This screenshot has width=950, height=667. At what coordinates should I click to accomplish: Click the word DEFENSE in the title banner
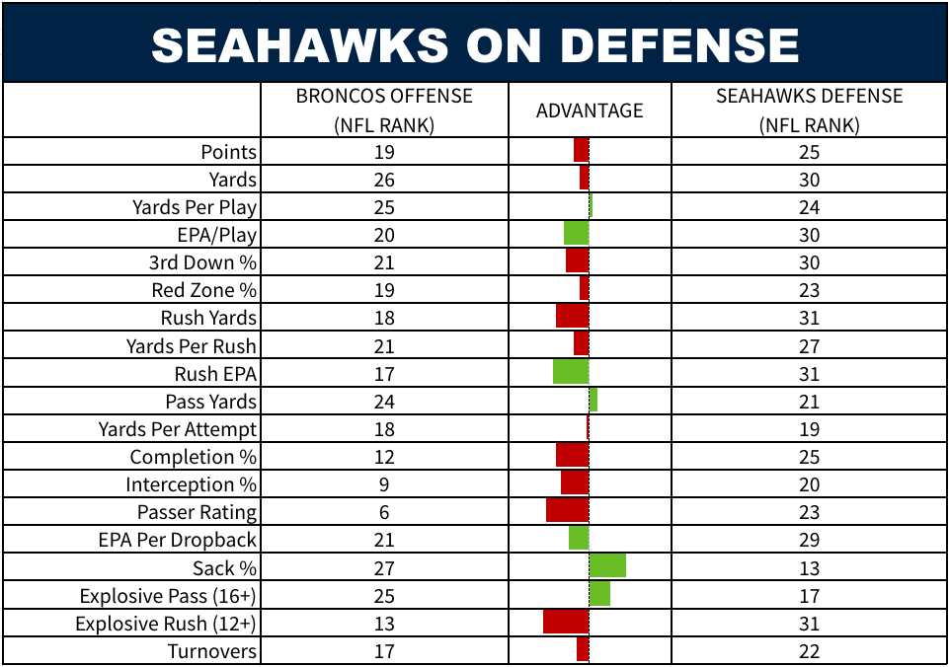(x=679, y=45)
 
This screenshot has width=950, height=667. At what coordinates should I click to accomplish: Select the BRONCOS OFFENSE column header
(x=384, y=111)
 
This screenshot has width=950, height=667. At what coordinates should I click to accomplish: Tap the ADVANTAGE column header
(x=590, y=111)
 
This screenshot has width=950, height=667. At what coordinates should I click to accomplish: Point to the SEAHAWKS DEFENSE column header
(x=810, y=111)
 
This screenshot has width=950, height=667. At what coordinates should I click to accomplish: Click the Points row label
(x=228, y=151)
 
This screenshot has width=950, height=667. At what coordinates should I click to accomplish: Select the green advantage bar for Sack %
(x=607, y=565)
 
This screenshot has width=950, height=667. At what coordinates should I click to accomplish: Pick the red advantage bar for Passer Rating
(x=567, y=510)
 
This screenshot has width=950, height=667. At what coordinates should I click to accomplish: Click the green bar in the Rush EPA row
(x=571, y=371)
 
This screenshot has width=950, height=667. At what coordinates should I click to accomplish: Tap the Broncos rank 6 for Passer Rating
(x=384, y=512)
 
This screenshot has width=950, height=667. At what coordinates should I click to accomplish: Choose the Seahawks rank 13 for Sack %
(x=810, y=567)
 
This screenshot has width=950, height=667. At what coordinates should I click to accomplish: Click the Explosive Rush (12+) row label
(x=165, y=624)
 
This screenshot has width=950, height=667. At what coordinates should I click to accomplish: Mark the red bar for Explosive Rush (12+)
(x=566, y=621)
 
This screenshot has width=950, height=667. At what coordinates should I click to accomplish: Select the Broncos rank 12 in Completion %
(x=384, y=457)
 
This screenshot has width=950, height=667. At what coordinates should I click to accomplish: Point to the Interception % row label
(x=191, y=484)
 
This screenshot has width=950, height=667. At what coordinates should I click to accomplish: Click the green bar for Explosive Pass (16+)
(x=599, y=593)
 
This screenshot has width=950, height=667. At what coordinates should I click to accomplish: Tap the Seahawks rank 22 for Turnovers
(x=810, y=651)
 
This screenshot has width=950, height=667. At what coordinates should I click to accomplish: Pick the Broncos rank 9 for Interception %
(x=384, y=484)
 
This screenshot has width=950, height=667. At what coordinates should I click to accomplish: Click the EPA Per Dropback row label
(x=178, y=540)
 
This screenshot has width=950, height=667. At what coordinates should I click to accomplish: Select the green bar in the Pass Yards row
(x=594, y=400)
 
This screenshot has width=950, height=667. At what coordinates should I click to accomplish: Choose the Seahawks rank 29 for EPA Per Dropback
(x=810, y=540)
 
